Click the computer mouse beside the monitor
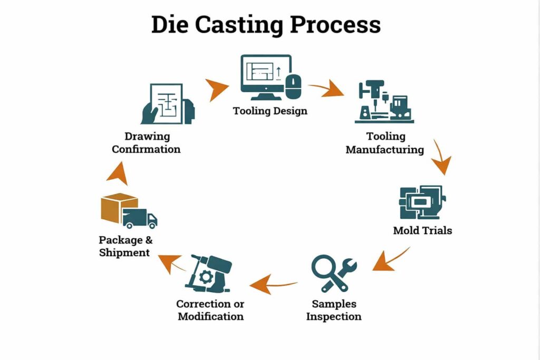coord(294,85)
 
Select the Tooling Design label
coord(270,111)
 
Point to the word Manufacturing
coord(384,150)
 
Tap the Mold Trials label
coord(422,231)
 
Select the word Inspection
coord(334,317)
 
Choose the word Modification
coord(210,317)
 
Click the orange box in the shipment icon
coord(117,208)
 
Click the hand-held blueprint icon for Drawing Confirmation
coord(168,103)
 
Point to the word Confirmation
coord(146,149)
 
